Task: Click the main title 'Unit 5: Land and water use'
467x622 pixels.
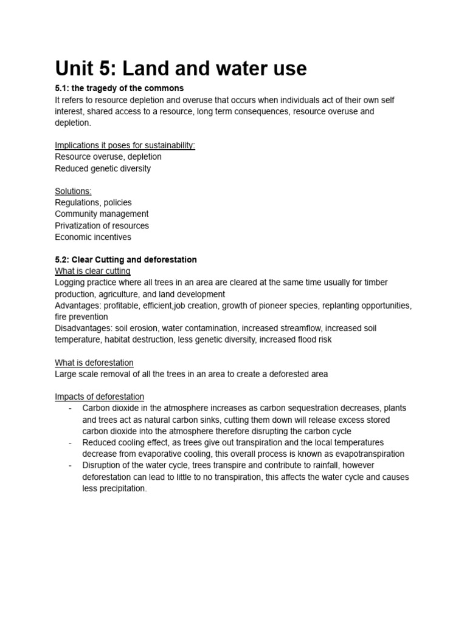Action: click(181, 69)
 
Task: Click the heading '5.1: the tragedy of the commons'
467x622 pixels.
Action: click(119, 88)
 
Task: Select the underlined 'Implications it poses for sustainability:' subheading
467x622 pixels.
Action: click(125, 145)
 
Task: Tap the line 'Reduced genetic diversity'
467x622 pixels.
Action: click(103, 168)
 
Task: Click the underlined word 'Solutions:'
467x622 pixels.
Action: click(73, 191)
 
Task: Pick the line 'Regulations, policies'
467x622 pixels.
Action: click(93, 202)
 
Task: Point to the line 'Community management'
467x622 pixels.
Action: click(102, 214)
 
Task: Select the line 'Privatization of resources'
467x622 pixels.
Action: click(102, 225)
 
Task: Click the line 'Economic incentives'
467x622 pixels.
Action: click(93, 237)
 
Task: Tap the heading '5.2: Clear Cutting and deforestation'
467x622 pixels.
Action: click(126, 259)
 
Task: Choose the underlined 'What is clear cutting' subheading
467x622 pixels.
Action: click(92, 271)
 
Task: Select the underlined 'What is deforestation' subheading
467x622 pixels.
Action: click(94, 363)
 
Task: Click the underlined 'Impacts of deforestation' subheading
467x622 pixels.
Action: click(100, 397)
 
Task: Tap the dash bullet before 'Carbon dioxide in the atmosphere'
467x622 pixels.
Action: click(71, 408)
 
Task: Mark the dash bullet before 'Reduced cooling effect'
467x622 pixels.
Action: click(71, 442)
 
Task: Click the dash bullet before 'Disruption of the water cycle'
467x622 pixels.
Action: click(71, 465)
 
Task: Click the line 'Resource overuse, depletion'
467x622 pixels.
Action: click(108, 157)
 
